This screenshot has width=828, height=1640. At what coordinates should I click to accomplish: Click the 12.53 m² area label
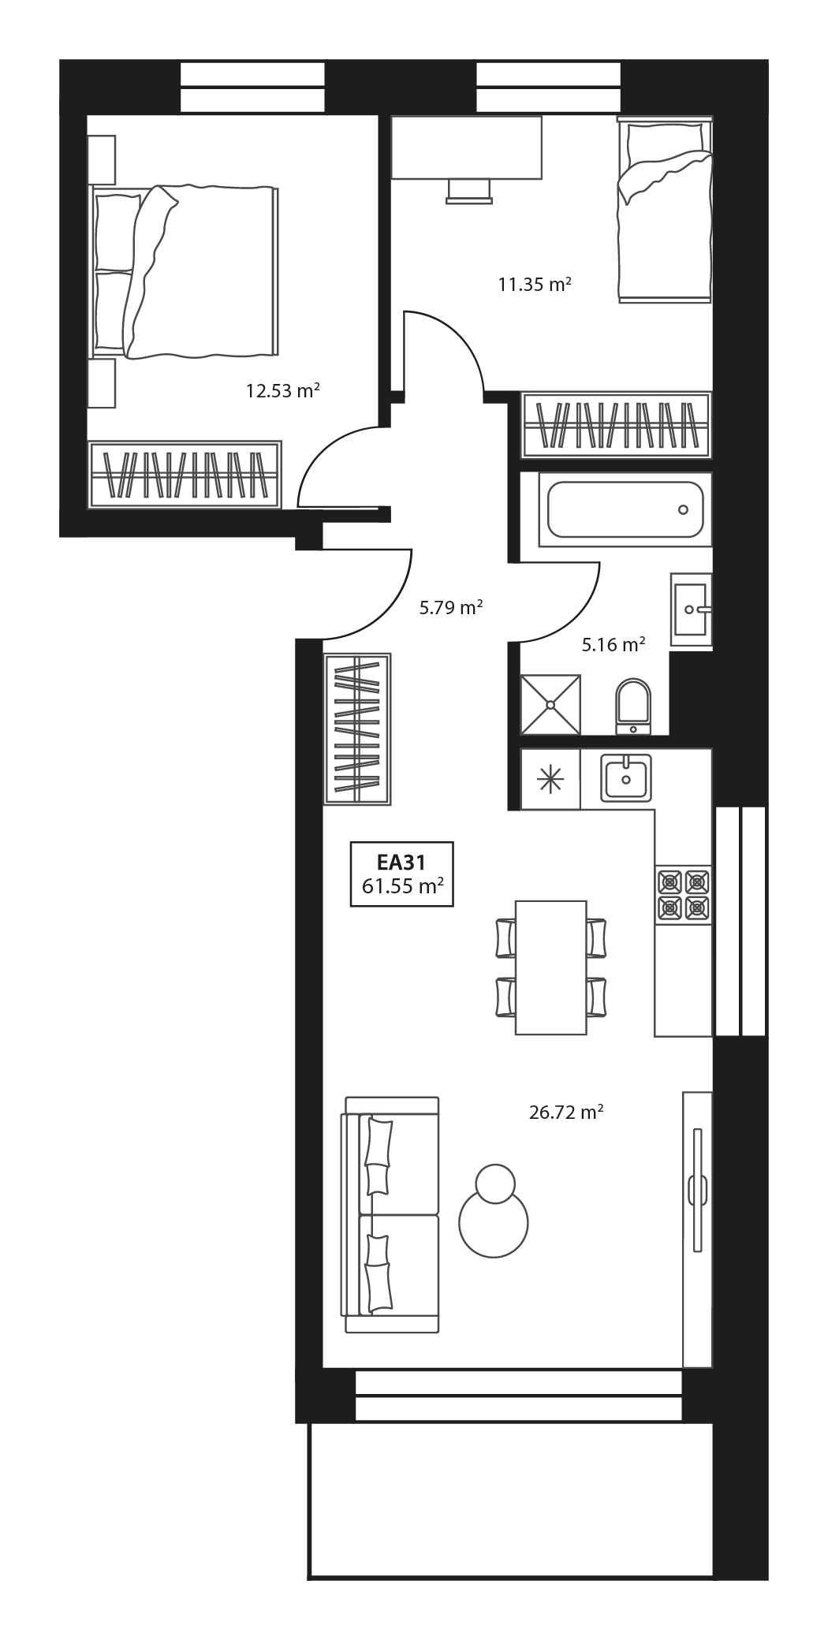tap(282, 390)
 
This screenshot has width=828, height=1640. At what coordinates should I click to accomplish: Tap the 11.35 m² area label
tap(534, 285)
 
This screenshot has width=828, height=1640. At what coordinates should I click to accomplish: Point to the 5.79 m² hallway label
tap(450, 607)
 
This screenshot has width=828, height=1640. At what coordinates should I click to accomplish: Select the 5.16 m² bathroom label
tap(614, 645)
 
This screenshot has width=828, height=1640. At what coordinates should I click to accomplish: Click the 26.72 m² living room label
tap(565, 1113)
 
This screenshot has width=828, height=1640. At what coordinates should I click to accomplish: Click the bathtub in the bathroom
tap(625, 509)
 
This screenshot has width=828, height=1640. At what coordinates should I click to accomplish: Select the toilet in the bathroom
tap(633, 703)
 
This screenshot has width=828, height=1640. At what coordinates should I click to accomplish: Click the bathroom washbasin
tap(692, 609)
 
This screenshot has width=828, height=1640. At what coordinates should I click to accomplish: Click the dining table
tap(550, 967)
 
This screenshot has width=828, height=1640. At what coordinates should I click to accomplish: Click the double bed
tap(185, 272)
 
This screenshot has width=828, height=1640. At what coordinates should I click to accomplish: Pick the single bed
tap(664, 211)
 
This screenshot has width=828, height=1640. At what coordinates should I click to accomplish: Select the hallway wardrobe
tap(357, 729)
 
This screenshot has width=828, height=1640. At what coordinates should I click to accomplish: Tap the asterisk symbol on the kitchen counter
tap(550, 779)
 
